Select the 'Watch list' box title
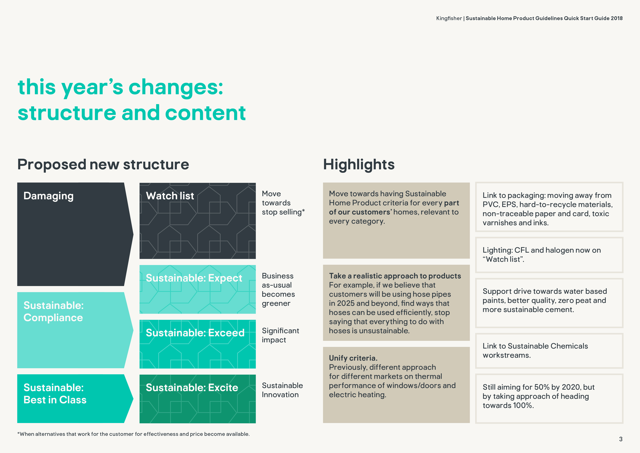click(x=170, y=196)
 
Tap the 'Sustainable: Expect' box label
click(x=194, y=278)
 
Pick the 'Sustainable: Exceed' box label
click(x=195, y=333)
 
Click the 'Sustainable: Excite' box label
click(x=192, y=388)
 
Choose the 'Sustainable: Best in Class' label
click(x=55, y=394)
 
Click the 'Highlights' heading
click(x=359, y=164)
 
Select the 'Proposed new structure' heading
click(x=103, y=164)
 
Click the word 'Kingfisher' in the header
click(x=449, y=18)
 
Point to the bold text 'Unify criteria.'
click(x=353, y=358)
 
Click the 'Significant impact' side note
click(x=280, y=335)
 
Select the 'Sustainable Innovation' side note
click(x=282, y=390)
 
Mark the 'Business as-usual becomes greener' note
click(x=278, y=290)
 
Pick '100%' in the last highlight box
click(x=523, y=406)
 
